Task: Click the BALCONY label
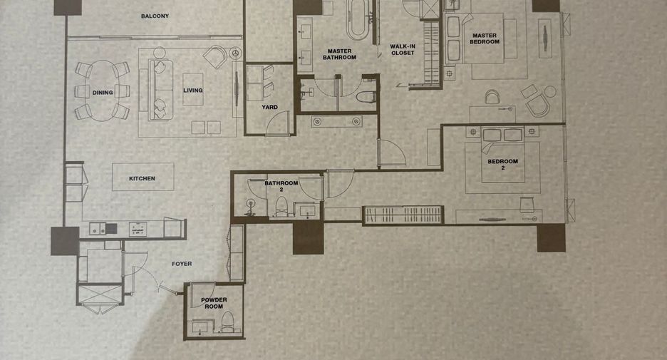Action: pos(155,16)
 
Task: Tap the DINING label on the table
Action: pos(103,93)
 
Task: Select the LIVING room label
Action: pos(192,91)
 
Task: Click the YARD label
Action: pos(269,107)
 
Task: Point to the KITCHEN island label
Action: pos(142,178)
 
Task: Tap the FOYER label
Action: pos(182,264)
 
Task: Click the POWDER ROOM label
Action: pos(214,303)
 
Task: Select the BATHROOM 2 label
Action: pos(281,186)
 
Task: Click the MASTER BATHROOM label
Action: pos(339,54)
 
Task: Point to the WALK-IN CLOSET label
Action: pos(403,49)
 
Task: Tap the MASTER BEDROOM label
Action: pos(485,38)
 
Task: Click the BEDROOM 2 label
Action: pos(503,164)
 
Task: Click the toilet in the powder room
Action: pos(227,322)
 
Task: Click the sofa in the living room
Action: pos(161,90)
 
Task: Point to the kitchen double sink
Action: pos(98,229)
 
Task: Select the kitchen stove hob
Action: pos(138,230)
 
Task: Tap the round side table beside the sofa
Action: pos(159,53)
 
